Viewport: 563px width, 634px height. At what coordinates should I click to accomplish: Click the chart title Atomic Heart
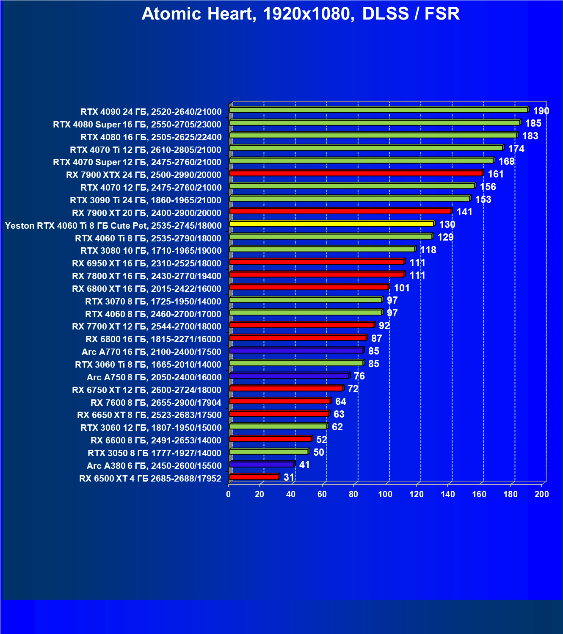(301, 14)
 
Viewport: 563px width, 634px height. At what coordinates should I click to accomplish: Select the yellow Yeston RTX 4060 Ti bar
(331, 224)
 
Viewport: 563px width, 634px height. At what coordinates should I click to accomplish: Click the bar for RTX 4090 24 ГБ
(378, 110)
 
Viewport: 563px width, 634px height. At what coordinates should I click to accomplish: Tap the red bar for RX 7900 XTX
(356, 173)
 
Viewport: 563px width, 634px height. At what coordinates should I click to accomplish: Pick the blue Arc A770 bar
(296, 351)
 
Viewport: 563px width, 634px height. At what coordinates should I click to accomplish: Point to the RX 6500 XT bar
(254, 477)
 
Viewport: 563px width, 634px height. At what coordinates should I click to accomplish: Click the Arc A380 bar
(262, 465)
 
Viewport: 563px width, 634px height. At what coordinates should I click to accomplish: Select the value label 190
(541, 111)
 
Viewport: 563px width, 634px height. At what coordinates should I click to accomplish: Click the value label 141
(464, 212)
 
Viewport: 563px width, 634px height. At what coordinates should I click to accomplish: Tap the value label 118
(428, 250)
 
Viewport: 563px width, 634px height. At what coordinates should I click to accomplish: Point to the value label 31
(289, 477)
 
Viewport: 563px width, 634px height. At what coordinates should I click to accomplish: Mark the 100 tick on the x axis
(385, 494)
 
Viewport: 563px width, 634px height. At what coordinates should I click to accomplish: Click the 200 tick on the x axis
(542, 494)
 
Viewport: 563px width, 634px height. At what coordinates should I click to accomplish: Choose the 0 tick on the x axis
(229, 494)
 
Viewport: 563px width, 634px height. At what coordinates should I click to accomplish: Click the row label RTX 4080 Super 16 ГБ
(137, 125)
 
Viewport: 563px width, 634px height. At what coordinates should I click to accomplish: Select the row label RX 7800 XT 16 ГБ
(146, 276)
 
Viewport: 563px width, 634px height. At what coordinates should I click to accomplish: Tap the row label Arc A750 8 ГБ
(154, 377)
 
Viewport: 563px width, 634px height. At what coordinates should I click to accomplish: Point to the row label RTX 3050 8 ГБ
(155, 453)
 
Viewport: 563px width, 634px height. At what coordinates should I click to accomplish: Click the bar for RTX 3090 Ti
(350, 199)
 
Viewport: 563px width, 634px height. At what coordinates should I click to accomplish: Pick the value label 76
(359, 376)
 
